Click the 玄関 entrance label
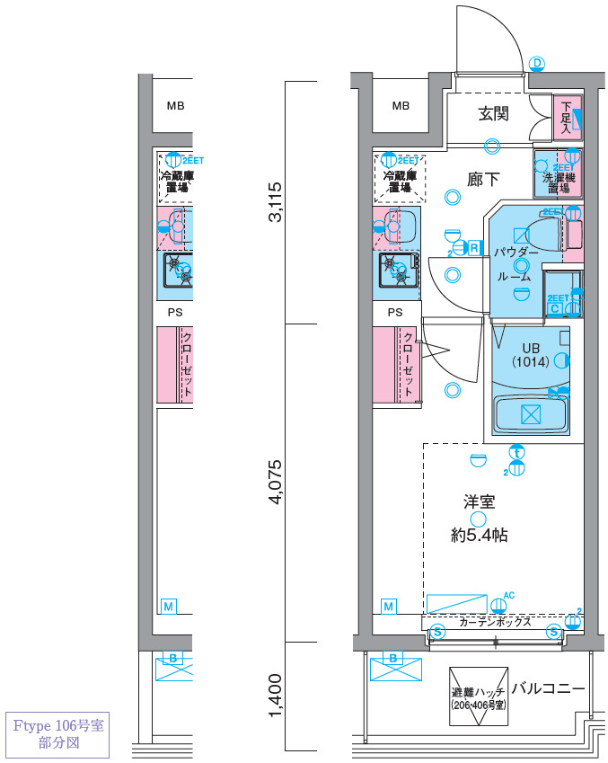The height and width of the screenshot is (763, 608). click(x=493, y=114)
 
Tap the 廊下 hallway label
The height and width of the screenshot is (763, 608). click(x=483, y=180)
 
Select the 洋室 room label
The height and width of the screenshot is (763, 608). click(x=479, y=504)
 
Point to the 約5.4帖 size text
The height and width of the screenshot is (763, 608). click(x=479, y=536)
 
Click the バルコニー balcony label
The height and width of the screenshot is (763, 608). click(x=548, y=689)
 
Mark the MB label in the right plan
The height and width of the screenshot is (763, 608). click(x=401, y=106)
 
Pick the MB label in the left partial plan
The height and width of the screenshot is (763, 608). click(x=175, y=106)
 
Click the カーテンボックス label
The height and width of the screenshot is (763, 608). click(x=495, y=622)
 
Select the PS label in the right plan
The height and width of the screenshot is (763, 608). click(x=395, y=313)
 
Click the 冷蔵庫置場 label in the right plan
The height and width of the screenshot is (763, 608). click(x=400, y=181)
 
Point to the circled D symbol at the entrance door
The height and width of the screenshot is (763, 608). click(x=537, y=63)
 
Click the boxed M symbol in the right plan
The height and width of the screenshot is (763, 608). click(x=389, y=607)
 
